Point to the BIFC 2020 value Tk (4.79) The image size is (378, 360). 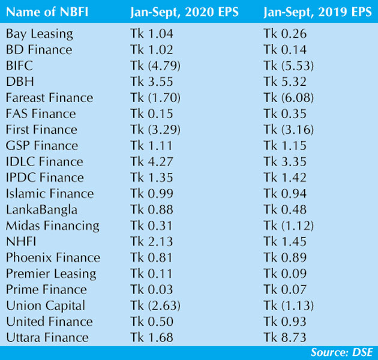tap(154, 65)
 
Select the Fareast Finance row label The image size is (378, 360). tap(49, 98)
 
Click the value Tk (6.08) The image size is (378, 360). tap(287, 98)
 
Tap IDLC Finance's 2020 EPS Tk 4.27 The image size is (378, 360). tap(152, 161)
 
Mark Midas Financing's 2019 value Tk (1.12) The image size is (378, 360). tap(287, 226)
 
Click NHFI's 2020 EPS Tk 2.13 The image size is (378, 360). tap(152, 242)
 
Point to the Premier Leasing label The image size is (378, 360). tap(50, 274)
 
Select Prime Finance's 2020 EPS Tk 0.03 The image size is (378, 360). tap(152, 290)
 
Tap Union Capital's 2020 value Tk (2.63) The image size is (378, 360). tap(154, 305)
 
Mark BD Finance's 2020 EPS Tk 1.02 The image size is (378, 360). tap(152, 50)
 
